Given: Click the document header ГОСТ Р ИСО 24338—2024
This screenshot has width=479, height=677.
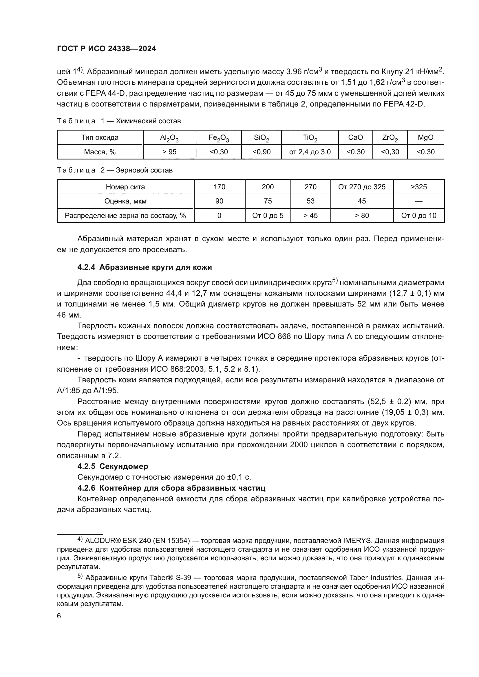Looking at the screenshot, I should pos(107,49).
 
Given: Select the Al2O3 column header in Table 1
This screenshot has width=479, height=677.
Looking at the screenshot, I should pos(169,138).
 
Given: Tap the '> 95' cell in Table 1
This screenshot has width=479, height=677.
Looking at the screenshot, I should pos(169,152).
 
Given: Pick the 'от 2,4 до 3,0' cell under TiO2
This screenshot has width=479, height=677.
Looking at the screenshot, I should pos(310,152).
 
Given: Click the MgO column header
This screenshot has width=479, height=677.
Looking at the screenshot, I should pos(426,138).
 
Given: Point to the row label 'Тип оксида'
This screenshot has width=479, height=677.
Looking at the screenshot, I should pos(100,138).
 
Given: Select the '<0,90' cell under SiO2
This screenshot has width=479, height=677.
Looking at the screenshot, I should pos(261,152).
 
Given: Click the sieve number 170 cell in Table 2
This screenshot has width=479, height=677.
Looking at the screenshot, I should pos(219,187).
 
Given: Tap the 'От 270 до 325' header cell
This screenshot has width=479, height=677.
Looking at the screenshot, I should pos(362,187).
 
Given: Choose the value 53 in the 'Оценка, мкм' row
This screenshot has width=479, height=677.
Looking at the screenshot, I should pos(310,201).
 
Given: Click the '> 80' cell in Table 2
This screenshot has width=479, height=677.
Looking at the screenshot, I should pos(362,216).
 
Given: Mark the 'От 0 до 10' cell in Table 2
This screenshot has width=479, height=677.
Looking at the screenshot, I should pos(418,216).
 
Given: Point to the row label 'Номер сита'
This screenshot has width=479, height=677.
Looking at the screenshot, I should pos(125,187).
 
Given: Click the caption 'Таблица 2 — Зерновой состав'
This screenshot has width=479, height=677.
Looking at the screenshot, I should pos(115,170).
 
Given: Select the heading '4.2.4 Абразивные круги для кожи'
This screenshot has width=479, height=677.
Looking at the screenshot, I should pos(145,267).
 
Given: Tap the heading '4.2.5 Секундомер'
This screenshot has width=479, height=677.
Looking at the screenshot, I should pos(113,467).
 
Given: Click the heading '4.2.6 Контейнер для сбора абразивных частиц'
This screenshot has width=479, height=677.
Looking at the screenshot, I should pos(171,488).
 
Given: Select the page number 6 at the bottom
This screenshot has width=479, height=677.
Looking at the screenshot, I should pos(59,616).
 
